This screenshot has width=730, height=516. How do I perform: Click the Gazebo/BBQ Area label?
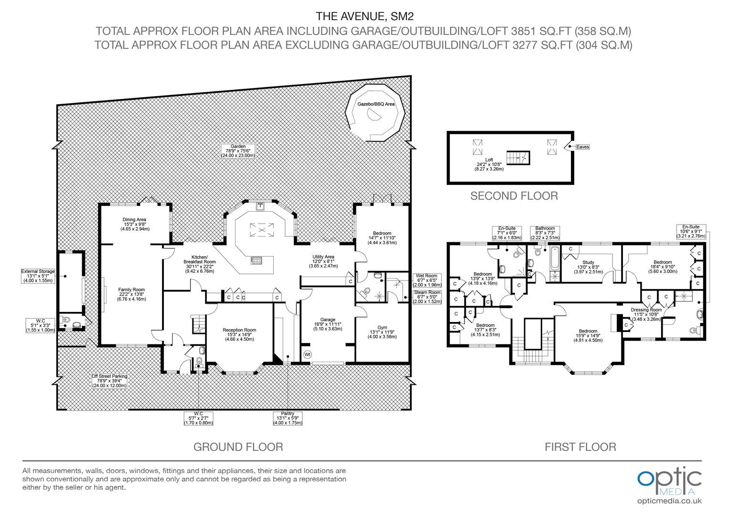point(376,104)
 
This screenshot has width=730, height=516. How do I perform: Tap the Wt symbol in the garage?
point(307,355)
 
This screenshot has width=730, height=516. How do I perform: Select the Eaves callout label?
point(582,147)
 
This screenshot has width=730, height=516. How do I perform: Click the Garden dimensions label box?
point(238,151)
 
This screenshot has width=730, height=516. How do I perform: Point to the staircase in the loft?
point(518,158)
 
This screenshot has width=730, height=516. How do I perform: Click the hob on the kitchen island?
point(257,260)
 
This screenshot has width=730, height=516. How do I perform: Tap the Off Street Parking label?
point(109,381)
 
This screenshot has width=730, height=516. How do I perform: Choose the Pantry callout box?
point(288,418)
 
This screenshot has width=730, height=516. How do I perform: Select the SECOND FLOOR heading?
point(514,195)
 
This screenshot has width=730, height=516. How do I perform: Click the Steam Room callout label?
point(427,297)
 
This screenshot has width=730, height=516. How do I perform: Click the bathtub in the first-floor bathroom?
point(554,259)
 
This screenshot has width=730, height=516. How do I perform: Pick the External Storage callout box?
point(38,276)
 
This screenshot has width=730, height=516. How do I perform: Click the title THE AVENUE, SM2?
point(365,16)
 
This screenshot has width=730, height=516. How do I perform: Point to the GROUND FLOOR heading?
point(238,447)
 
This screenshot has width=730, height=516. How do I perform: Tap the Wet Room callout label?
point(427,280)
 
